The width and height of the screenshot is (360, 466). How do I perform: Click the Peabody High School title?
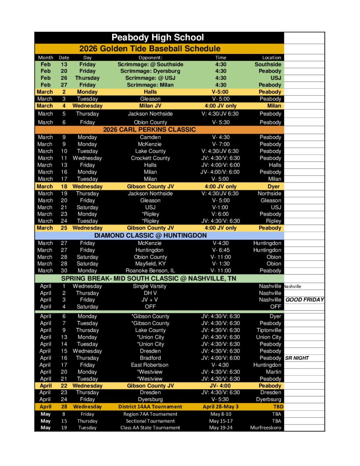pyautogui.click(x=158, y=38)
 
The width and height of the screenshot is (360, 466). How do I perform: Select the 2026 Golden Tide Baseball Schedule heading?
pyautogui.click(x=150, y=49)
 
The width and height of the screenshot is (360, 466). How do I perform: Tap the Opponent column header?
pyautogui.click(x=150, y=57)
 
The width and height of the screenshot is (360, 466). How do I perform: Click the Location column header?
pyautogui.click(x=271, y=57)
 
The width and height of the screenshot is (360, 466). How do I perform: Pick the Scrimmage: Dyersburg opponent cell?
pyautogui.click(x=150, y=71)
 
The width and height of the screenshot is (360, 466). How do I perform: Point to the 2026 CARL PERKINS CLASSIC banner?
pyautogui.click(x=150, y=129)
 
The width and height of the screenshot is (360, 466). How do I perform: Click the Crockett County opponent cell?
pyautogui.click(x=150, y=158)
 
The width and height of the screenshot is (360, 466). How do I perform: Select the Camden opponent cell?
pyautogui.click(x=150, y=137)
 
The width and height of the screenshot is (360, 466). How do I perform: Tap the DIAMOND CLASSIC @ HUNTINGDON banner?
pyautogui.click(x=150, y=235)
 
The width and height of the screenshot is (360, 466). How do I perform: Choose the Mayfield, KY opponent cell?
pyautogui.click(x=150, y=264)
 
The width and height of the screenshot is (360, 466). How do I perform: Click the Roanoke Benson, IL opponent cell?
pyautogui.click(x=150, y=271)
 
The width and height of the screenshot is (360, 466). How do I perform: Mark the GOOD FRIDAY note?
pyautogui.click(x=304, y=300)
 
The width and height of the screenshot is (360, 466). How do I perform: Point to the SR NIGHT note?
pyautogui.click(x=297, y=358)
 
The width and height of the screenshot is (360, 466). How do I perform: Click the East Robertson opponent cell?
pyautogui.click(x=150, y=365)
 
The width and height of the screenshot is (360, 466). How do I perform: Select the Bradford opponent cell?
pyautogui.click(x=150, y=358)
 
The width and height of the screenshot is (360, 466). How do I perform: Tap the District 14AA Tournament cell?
pyautogui.click(x=150, y=407)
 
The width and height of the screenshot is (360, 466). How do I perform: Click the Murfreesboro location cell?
pyautogui.click(x=266, y=428)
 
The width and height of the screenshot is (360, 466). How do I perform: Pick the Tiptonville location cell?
pyautogui.click(x=269, y=330)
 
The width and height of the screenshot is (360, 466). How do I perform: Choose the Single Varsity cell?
pyautogui.click(x=150, y=286)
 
